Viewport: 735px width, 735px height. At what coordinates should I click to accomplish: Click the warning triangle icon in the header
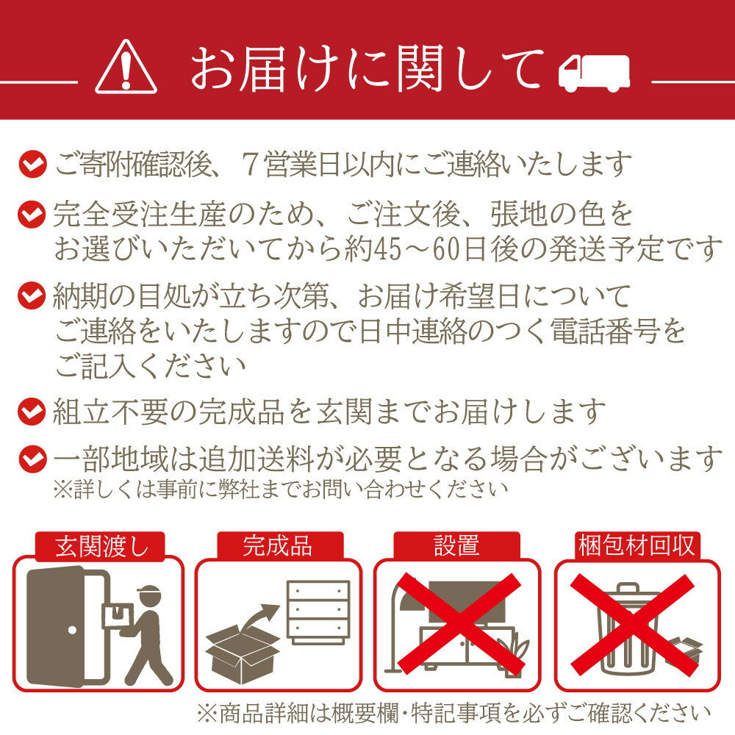(x=126, y=67)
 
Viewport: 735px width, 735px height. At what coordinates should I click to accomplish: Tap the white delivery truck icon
(x=594, y=73)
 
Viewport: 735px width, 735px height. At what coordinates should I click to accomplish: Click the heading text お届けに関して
(x=367, y=69)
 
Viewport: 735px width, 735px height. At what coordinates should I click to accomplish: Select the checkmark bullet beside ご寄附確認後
(x=32, y=164)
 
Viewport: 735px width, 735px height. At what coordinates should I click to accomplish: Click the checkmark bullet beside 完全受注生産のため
(x=32, y=214)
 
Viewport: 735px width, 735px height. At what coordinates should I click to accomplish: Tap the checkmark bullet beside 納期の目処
(x=32, y=295)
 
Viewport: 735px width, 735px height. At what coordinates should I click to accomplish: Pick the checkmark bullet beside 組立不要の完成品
(x=32, y=411)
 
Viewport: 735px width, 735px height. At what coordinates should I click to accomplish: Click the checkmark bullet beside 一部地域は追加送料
(x=32, y=458)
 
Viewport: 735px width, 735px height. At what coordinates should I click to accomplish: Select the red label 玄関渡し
(x=100, y=546)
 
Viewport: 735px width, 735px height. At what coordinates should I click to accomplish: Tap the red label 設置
(x=456, y=546)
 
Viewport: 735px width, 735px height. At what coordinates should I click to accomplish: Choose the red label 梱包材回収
(x=637, y=546)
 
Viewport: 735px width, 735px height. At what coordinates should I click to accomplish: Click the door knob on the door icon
(x=72, y=630)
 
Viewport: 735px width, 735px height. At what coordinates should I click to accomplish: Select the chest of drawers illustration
(x=319, y=612)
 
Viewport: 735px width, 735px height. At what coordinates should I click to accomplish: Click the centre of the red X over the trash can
(x=632, y=625)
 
